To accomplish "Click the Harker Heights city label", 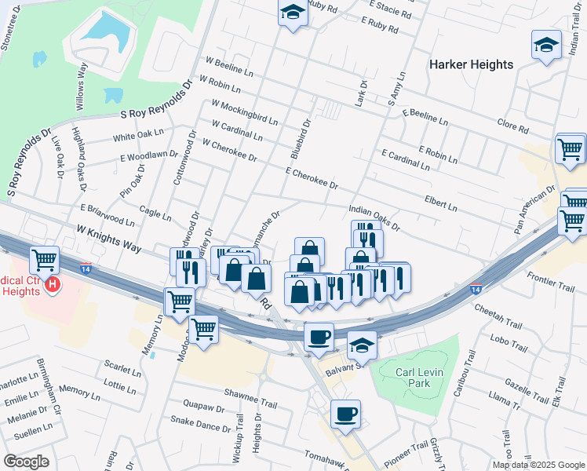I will tap(471, 64).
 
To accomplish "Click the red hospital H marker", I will tap(53, 283).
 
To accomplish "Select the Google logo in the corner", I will tap(26, 462).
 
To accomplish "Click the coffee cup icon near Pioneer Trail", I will tap(345, 414).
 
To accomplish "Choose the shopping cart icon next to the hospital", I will tap(45, 259).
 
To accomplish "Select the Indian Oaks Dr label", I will tap(374, 219).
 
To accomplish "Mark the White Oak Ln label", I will tap(138, 135).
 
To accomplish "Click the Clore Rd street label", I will tap(512, 126).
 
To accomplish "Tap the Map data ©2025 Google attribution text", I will tap(538, 465).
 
